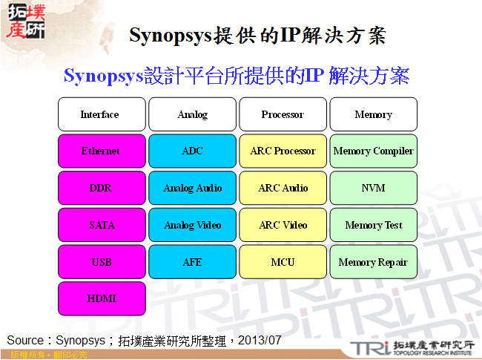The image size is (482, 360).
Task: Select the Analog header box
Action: (192, 114)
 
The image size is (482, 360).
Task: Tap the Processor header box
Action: (283, 114)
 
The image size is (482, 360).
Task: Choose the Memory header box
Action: (373, 114)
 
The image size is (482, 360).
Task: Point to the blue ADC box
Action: (192, 151)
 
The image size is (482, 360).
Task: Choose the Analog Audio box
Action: (192, 188)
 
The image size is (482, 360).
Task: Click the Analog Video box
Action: (192, 225)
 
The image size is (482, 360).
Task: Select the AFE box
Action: (192, 262)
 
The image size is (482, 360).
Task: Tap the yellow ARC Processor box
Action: (283, 151)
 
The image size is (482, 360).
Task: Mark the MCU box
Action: (283, 262)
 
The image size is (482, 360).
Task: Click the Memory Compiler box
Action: (373, 151)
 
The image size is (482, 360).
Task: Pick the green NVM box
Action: (373, 188)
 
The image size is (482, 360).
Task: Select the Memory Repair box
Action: (373, 262)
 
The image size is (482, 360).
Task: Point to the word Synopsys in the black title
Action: (170, 35)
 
